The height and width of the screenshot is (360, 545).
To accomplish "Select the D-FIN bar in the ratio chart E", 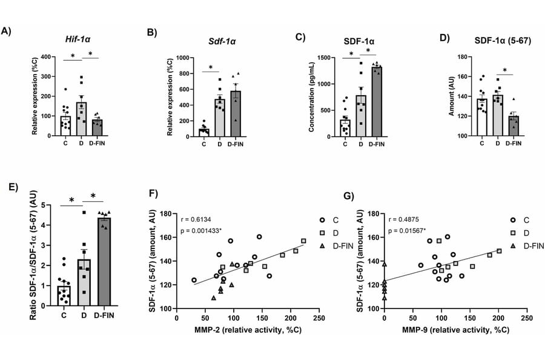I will point(105,261).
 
